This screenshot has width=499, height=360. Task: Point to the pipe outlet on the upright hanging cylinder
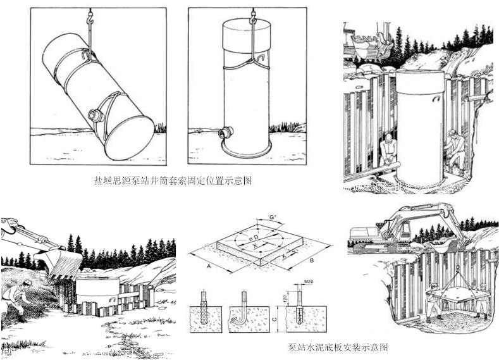point(222,134)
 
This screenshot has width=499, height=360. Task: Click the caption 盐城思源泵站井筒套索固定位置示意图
point(172,182)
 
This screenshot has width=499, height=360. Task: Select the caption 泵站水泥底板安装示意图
point(337,347)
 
